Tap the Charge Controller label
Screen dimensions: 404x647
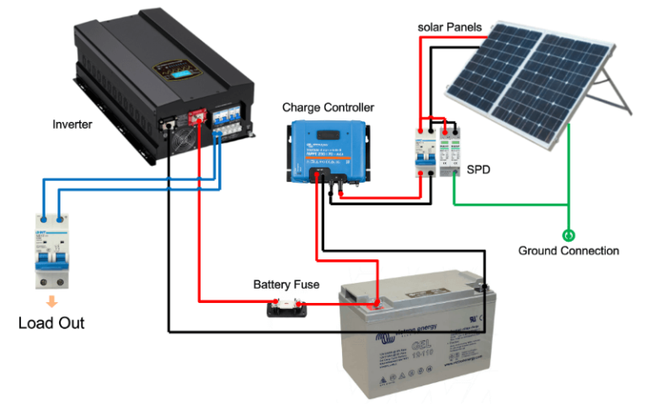pos(328,108)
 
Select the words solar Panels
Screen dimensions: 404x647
pos(450,27)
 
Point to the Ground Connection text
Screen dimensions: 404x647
pos(569,251)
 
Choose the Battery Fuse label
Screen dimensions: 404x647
pos(286,284)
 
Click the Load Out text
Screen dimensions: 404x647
pos(51,323)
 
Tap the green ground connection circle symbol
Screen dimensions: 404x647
pos(568,235)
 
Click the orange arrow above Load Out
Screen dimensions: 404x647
pos(52,300)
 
